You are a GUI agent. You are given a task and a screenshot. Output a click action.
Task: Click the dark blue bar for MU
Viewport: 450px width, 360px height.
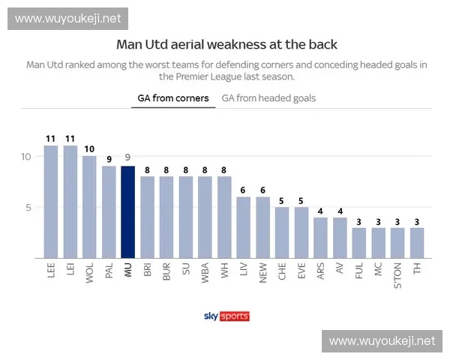tap(127, 212)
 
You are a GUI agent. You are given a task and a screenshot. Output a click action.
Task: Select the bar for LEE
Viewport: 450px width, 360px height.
tap(51, 202)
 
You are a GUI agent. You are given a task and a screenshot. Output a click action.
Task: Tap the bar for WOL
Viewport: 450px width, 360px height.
tap(89, 207)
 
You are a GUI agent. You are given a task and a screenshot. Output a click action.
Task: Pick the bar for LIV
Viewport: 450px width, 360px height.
tap(243, 227)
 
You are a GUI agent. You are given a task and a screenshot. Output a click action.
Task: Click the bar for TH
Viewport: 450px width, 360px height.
tap(416, 243)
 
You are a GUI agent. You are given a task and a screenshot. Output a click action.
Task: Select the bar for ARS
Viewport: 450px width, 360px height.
tap(320, 238)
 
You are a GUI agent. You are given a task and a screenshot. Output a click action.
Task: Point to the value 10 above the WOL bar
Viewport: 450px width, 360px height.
tap(89, 149)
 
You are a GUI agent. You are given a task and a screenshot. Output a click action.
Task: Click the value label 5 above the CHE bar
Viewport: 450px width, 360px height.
tap(282, 200)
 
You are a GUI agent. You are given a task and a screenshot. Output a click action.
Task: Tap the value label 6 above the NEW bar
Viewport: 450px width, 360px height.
tap(262, 190)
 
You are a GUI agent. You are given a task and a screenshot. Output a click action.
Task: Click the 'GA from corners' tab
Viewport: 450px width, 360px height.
tap(173, 98)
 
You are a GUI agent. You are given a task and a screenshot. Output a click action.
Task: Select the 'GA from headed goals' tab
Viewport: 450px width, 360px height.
tap(268, 98)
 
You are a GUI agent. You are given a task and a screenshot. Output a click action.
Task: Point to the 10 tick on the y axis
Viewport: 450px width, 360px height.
tap(25, 156)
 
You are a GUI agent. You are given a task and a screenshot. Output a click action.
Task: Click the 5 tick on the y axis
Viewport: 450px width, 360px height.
tap(28, 207)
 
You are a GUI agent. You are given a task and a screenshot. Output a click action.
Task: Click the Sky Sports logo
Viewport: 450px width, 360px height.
tap(226, 316)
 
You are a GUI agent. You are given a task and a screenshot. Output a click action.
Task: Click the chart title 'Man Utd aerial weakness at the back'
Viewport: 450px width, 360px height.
tap(226, 45)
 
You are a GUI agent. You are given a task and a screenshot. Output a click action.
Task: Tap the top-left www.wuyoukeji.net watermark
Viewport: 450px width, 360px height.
tap(68, 18)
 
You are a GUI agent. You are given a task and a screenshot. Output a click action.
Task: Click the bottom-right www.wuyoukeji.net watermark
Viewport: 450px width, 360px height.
tap(382, 341)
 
